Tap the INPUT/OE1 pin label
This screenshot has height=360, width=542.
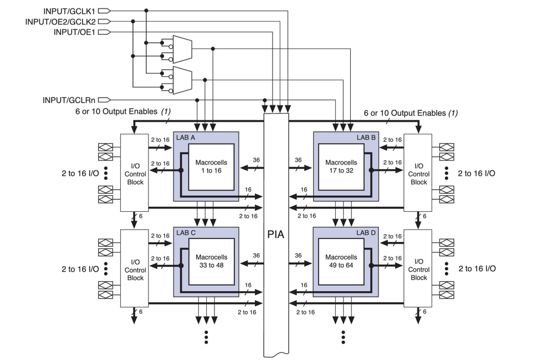(x=77, y=32)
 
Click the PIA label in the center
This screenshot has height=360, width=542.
(x=276, y=234)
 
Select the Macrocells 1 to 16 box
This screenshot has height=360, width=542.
(x=211, y=166)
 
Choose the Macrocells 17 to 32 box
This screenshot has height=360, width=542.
(x=341, y=166)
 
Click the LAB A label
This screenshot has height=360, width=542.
(x=186, y=137)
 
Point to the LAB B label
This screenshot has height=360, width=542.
(x=365, y=137)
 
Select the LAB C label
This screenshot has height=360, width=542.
(x=186, y=232)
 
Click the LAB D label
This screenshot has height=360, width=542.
(x=365, y=232)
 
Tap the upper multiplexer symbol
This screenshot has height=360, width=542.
(x=182, y=49)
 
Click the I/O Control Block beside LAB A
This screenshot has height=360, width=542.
(x=135, y=172)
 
